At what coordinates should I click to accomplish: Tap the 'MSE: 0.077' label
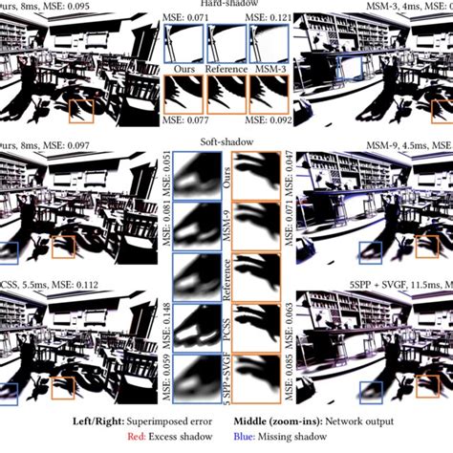pyautogui.click(x=188, y=122)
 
